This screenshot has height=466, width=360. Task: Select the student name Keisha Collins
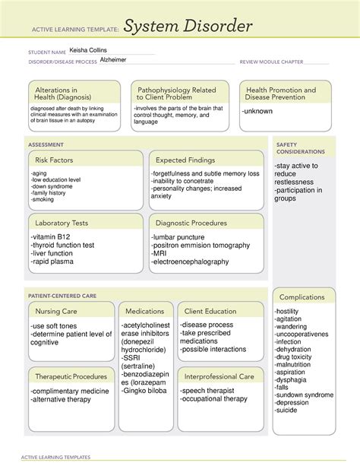(89, 50)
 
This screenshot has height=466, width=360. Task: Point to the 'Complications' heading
(302, 296)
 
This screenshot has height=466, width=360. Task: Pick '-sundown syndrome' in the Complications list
(305, 395)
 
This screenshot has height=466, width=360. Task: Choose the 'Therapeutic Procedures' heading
(69, 376)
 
